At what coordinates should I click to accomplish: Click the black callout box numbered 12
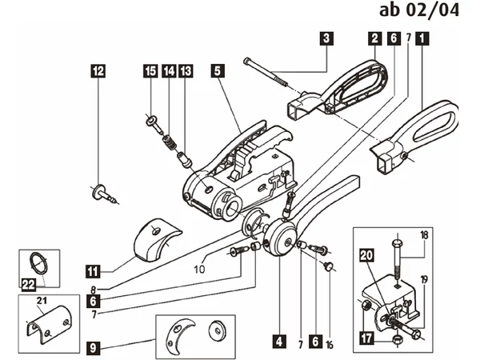point(98,70)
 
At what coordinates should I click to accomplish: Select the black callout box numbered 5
point(218,70)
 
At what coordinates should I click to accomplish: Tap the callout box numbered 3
point(326,38)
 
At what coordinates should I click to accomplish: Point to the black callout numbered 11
point(93,271)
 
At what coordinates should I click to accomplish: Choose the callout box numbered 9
point(93,347)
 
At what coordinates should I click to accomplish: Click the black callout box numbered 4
point(279,342)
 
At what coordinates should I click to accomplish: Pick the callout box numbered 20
point(366,255)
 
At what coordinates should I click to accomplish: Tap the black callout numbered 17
point(366,338)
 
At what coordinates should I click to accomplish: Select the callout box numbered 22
point(29,285)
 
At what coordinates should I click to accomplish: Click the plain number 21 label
point(42,301)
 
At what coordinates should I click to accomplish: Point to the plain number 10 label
point(199,269)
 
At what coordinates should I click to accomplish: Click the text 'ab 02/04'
point(419,10)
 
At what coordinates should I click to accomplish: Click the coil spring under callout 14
point(169,142)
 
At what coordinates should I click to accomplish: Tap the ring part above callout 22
point(39,263)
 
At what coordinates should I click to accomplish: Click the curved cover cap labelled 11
point(157,240)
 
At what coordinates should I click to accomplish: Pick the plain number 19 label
point(424,279)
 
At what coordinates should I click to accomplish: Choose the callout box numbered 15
point(150,70)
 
